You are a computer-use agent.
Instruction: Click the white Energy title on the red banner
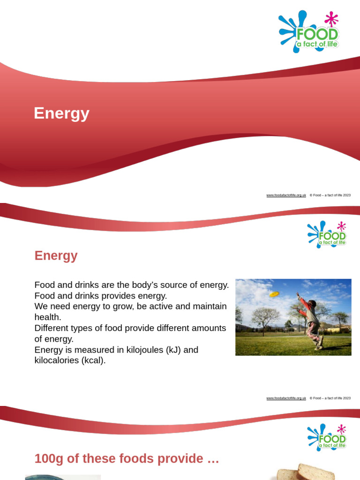click(61, 113)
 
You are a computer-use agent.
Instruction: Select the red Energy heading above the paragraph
click(56, 256)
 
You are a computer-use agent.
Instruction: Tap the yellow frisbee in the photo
click(274, 294)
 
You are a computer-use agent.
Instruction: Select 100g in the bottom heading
click(49, 459)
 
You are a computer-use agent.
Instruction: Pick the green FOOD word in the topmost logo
click(317, 35)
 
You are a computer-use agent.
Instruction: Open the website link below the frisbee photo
click(286, 398)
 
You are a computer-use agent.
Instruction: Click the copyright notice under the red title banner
click(330, 195)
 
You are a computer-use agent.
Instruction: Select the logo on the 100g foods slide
click(327, 437)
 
